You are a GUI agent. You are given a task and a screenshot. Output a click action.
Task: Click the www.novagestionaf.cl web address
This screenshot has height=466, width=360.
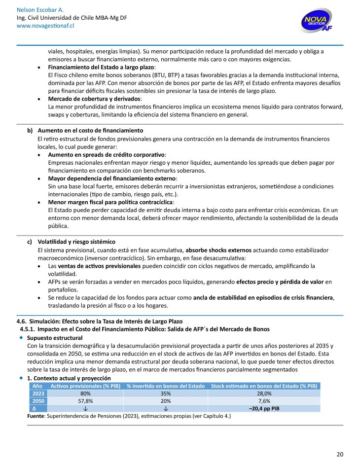pyautogui.click(x=40, y=26)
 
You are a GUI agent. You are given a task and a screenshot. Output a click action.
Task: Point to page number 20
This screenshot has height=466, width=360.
pyautogui.click(x=340, y=454)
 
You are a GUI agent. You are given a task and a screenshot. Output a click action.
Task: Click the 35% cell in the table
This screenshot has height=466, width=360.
pyautogui.click(x=165, y=394)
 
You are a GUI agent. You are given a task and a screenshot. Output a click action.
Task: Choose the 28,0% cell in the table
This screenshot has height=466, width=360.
pyautogui.click(x=264, y=394)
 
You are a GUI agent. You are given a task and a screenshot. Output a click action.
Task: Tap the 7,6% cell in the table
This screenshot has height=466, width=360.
pyautogui.click(x=264, y=401)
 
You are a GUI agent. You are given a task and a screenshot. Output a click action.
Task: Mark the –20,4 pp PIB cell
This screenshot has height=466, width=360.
pyautogui.click(x=264, y=408)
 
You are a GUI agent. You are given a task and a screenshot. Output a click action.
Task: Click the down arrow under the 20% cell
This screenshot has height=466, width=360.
pyautogui.click(x=165, y=408)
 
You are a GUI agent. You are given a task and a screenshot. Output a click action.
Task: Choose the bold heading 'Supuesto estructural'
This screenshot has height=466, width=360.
pyautogui.click(x=55, y=337)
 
